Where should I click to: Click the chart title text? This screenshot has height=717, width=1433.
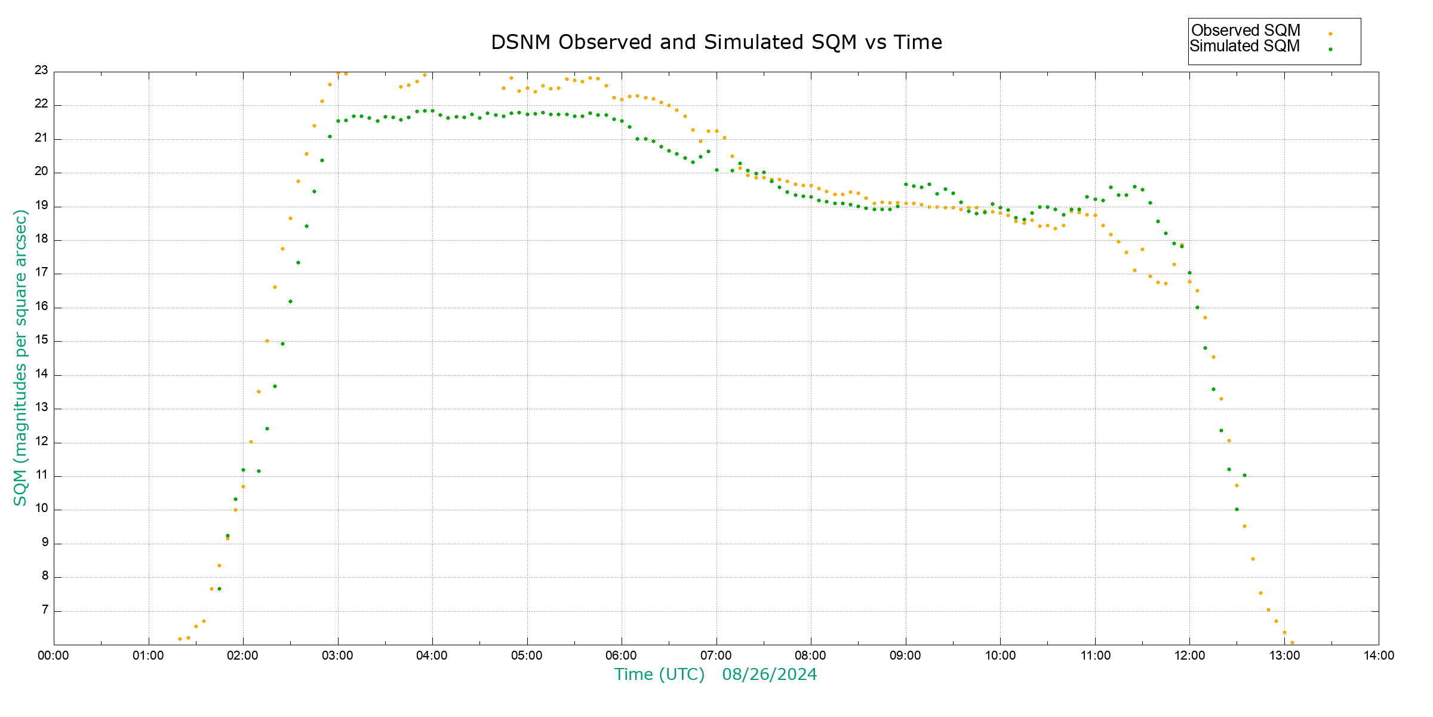716,42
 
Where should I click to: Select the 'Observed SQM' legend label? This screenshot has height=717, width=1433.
1246,30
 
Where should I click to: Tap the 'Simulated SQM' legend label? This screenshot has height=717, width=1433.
1245,46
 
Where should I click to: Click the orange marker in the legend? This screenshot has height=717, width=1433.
1330,33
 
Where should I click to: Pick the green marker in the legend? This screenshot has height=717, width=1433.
1330,49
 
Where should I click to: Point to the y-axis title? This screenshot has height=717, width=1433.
20,357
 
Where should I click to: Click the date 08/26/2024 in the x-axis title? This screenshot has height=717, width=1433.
769,675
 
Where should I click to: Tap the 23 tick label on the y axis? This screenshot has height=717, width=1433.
41,71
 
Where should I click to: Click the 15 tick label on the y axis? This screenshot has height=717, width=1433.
41,341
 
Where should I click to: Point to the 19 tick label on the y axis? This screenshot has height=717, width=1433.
41,206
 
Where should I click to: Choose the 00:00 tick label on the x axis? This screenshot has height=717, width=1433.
54,655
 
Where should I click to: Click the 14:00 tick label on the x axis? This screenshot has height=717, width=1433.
1379,655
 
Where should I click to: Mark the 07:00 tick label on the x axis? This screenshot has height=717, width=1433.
716,655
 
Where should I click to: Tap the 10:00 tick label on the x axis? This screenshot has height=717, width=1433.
1000,655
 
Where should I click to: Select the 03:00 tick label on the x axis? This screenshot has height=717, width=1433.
337,655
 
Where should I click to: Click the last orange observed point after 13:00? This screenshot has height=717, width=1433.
1292,642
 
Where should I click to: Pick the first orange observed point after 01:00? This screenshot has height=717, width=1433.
180,639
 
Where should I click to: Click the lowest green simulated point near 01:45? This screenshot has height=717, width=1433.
219,589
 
